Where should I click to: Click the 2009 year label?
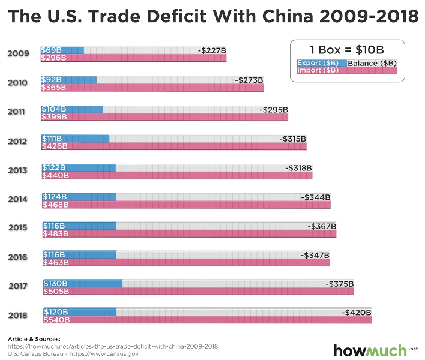18,54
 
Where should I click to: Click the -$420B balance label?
357,312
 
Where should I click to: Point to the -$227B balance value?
212,50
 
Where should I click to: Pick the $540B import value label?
56,320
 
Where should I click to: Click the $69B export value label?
52,50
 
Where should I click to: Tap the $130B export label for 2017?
56,283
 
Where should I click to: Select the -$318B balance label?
298,167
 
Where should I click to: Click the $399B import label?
53,116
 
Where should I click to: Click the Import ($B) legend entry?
319,70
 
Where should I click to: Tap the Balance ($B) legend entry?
372,63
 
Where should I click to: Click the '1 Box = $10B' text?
346,49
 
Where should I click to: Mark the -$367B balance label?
322,226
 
